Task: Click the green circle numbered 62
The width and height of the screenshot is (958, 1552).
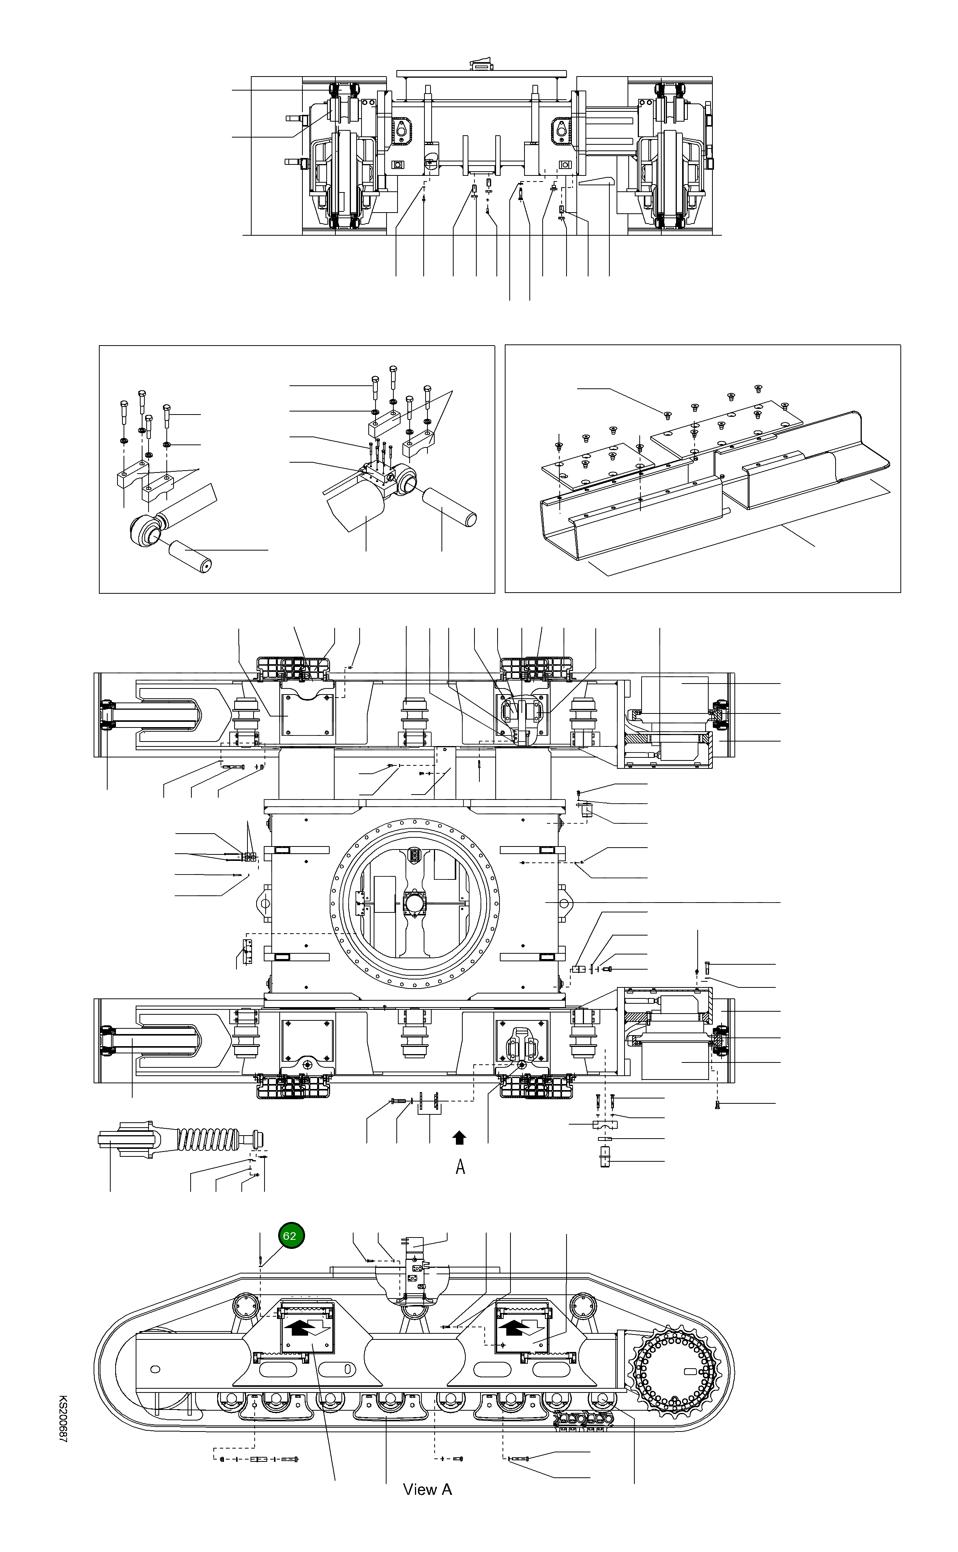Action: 291,1235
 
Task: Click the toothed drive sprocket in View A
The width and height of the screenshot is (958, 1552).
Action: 675,1370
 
